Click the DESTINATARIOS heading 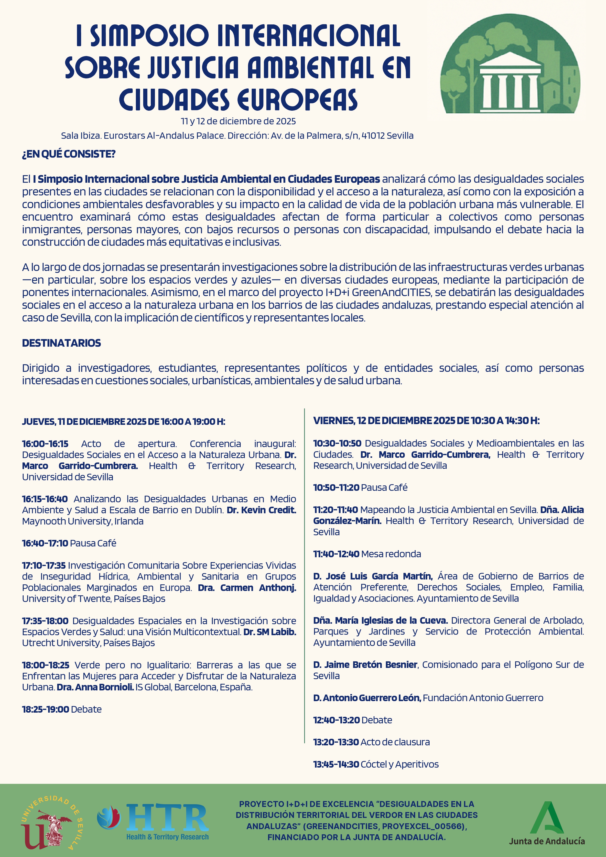(x=61, y=343)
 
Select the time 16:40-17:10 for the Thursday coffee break (x=45, y=543)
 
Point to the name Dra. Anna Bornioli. (x=95, y=687)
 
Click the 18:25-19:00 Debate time (x=45, y=709)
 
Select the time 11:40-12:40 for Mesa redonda (x=336, y=554)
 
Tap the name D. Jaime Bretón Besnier (x=365, y=664)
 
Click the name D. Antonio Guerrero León (x=367, y=698)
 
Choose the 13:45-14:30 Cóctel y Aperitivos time (x=336, y=764)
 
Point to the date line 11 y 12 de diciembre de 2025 (x=238, y=121)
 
